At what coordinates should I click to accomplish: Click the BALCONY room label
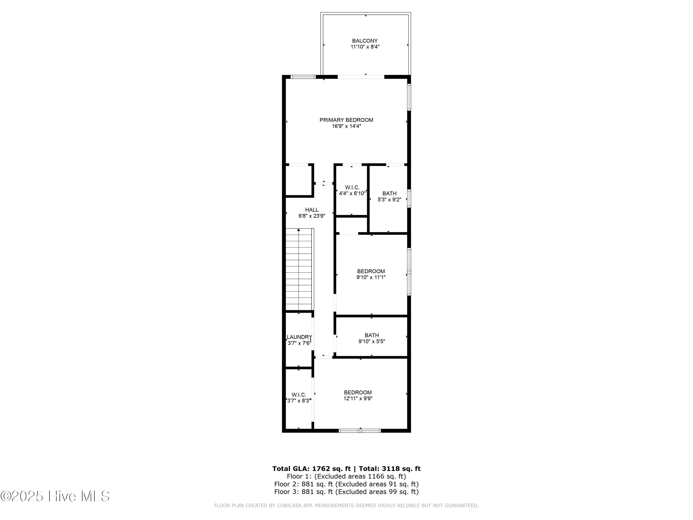click(x=365, y=41)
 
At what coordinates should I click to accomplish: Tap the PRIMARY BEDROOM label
click(x=346, y=120)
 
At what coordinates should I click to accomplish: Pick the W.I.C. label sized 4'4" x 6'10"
click(x=352, y=187)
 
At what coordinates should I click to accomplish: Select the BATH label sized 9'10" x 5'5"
click(x=371, y=335)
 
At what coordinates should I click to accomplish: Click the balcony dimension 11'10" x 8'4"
click(x=365, y=47)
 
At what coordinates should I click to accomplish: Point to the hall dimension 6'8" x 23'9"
click(x=312, y=216)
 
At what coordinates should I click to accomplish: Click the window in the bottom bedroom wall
click(x=360, y=431)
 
